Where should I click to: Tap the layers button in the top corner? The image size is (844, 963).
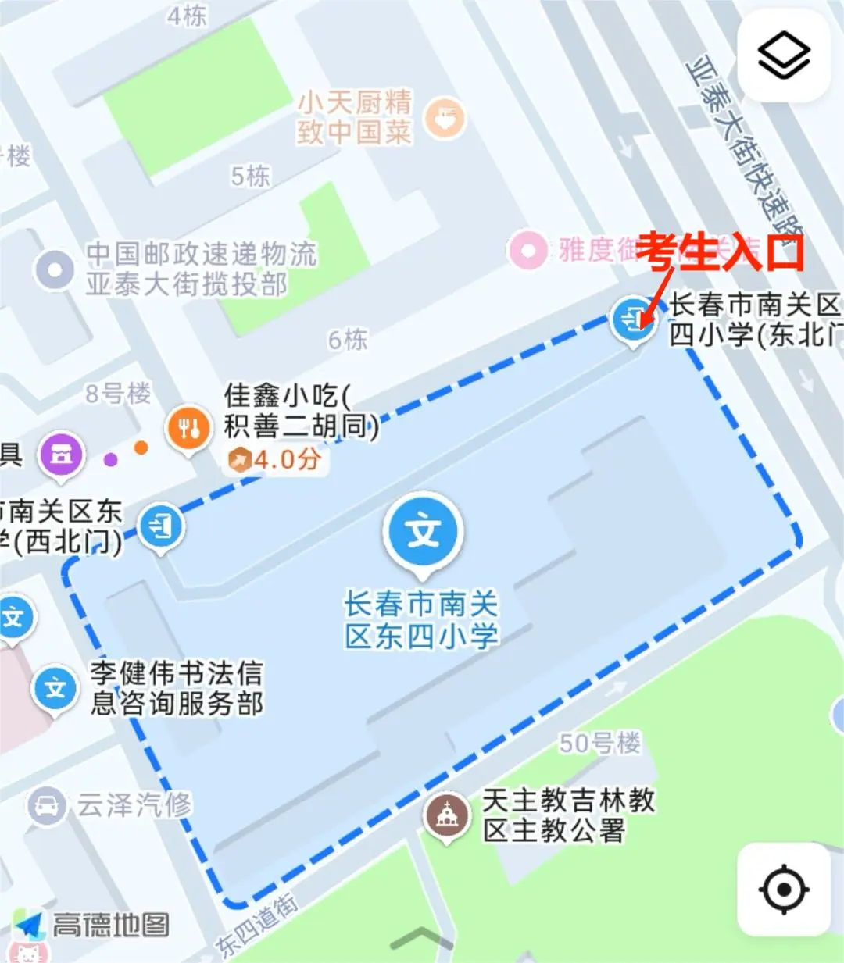tap(784, 56)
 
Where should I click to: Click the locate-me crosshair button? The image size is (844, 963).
tap(784, 889)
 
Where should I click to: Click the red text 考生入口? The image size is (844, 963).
tap(720, 251)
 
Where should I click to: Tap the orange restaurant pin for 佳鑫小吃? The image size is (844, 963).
tap(188, 428)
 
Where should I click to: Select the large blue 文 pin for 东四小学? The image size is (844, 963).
tap(423, 532)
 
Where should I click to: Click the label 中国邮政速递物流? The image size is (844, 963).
tap(201, 254)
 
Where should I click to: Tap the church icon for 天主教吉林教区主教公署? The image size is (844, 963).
tap(446, 816)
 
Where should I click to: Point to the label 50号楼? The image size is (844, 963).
tap(599, 743)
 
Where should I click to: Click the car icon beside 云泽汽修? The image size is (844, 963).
tap(47, 804)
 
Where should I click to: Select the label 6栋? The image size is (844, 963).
tap(348, 340)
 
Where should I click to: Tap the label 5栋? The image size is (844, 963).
tap(250, 177)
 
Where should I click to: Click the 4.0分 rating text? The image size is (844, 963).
tap(286, 459)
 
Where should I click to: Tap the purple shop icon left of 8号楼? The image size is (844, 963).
tap(62, 453)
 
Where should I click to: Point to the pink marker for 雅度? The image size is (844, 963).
tap(527, 251)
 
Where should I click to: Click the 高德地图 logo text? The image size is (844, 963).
tap(110, 925)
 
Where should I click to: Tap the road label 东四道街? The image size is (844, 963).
tap(257, 925)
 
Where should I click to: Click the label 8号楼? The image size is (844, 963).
tap(118, 393)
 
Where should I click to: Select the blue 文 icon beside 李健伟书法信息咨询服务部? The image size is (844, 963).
tap(55, 688)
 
